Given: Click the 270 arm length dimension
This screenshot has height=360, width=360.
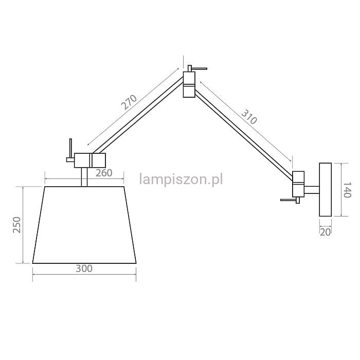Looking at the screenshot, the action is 129,102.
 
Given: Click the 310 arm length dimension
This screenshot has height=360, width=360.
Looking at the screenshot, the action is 249,117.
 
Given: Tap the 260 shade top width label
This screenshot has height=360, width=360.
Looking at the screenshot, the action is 104,173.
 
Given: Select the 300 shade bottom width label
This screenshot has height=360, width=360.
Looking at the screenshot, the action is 84,268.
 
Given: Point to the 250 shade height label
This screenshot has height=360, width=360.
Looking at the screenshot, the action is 17,225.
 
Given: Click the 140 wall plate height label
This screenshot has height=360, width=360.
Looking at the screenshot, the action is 347,190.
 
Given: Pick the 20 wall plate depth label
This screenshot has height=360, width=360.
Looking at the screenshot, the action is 325,232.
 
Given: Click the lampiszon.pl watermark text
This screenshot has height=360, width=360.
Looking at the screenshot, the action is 181,179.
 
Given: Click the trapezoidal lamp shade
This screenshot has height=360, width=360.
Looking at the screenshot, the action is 84,225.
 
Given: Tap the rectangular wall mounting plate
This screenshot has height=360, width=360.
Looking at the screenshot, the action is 326,189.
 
